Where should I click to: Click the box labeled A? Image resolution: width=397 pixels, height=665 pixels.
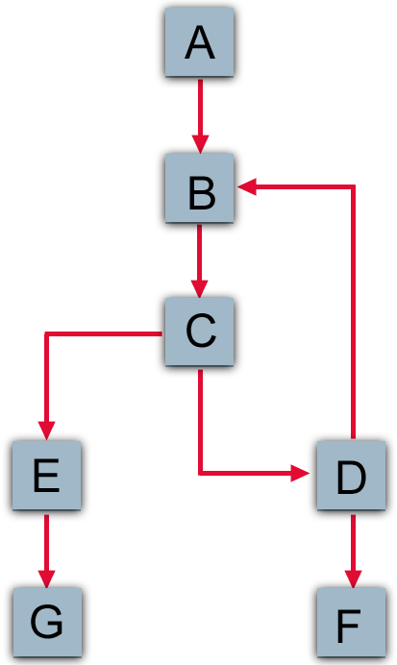[199, 42]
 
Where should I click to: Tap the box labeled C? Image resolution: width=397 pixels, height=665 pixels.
[199, 332]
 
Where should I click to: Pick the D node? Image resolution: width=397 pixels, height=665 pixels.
[351, 477]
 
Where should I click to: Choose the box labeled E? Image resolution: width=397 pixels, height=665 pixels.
[46, 477]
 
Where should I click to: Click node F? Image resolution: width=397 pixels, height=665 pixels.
[351, 623]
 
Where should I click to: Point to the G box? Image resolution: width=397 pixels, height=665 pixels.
[46, 623]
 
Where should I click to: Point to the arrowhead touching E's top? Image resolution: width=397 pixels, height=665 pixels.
[46, 432]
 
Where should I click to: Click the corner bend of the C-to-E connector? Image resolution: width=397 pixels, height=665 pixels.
[46, 334]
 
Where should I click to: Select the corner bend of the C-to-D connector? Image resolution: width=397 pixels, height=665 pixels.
[200, 473]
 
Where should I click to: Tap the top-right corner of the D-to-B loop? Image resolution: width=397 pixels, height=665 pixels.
[354, 188]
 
